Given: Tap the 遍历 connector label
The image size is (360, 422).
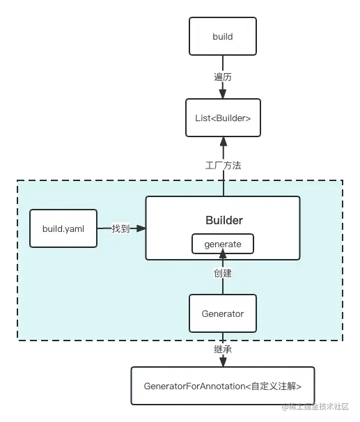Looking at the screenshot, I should tap(223, 77).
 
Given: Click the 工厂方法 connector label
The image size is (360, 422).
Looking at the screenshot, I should tap(224, 166).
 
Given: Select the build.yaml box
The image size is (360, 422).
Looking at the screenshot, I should tap(63, 228).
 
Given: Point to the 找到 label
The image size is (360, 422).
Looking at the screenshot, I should tap(120, 228).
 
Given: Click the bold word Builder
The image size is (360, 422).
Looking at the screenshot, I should tap(224, 221).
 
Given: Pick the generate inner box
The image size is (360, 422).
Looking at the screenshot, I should tap(223, 244).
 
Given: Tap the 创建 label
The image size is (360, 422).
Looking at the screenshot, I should tap(223, 274).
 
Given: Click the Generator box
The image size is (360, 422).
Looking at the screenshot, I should tap(223, 313).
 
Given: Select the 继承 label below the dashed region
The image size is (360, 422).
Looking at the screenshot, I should tap(223, 350).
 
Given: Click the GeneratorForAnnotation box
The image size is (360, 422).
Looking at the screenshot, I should tap(223, 385).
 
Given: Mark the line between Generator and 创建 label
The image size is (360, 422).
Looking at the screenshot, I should tap(223, 287).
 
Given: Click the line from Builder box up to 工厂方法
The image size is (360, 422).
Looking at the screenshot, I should tap(224, 185).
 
